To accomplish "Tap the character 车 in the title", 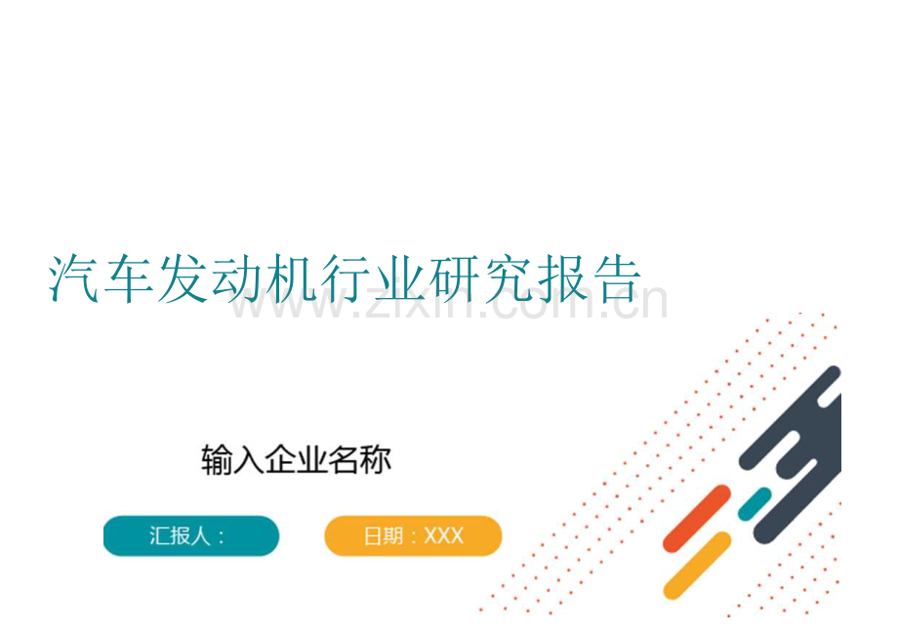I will coord(128,279).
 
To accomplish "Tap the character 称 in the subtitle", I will coord(375,460).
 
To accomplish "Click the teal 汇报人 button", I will coord(191,536).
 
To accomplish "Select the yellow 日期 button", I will coord(413,536).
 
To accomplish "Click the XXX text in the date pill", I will coord(444,536).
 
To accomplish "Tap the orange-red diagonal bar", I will coord(696,518).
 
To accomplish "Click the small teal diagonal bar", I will coord(754,503).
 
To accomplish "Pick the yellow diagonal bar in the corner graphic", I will coord(697,565).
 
